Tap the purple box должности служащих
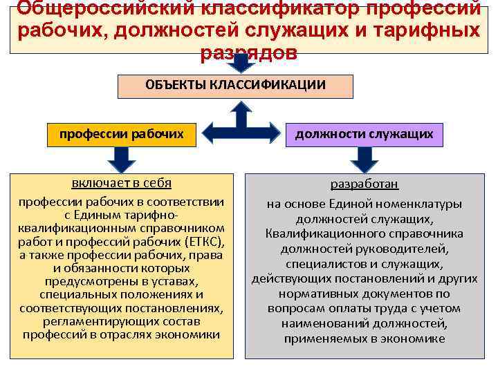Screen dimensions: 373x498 click(x=364, y=134)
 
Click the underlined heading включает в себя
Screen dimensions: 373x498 click(x=122, y=183)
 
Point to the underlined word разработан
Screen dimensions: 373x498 click(x=364, y=185)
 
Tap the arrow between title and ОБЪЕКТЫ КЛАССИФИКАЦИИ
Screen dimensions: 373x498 click(x=241, y=64)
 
